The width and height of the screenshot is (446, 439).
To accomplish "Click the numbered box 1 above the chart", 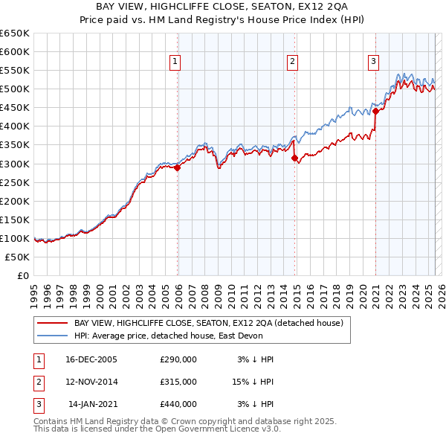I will coord(175,62).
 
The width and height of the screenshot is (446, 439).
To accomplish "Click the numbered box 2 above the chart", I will coord(293,62).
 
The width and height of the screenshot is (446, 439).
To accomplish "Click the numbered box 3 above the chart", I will coord(373,62).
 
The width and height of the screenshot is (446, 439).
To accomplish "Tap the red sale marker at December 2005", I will coord(178,168).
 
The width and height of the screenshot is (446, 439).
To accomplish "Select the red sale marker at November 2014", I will coord(295,158).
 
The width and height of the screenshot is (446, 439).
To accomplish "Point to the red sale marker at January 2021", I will coord(376,112).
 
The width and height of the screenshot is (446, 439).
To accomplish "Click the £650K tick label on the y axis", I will coord(16,33).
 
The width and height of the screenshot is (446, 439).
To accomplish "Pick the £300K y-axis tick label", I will coord(16,164).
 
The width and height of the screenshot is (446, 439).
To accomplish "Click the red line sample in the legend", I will coord(53,323).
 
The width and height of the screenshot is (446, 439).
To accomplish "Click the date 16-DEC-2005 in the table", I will coord(91,359).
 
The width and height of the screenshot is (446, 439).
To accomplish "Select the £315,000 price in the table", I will coord(178,382).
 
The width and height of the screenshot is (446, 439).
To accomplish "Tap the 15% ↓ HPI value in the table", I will coord(252,382).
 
